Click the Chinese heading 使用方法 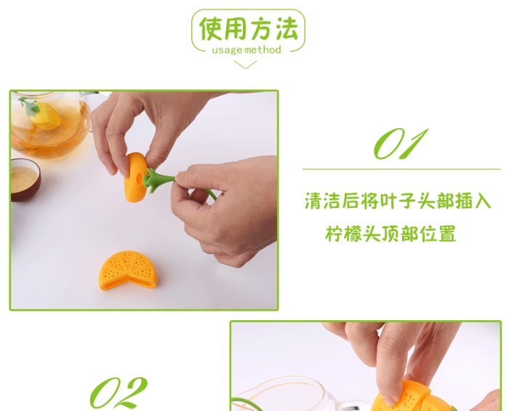[x=249, y=29]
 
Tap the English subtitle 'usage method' [x=247, y=50]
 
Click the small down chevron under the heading [x=245, y=65]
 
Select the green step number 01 [x=400, y=143]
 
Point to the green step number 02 [x=118, y=393]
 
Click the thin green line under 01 [x=401, y=169]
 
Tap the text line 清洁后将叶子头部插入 [x=398, y=201]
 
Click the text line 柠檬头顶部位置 [x=390, y=234]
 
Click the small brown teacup [x=25, y=180]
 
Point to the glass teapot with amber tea [x=50, y=124]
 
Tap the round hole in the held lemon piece [x=140, y=177]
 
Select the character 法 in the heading [x=287, y=29]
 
